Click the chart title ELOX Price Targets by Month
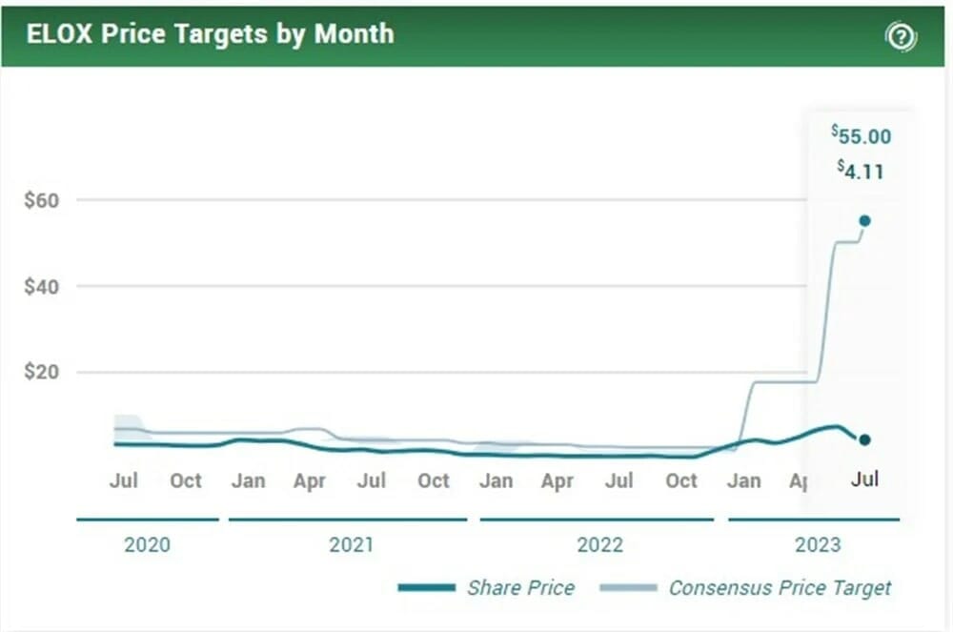click(210, 33)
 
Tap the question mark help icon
click(901, 37)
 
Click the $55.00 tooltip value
click(861, 135)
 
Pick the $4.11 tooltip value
click(861, 172)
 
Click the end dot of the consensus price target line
click(864, 220)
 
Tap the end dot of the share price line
click(864, 439)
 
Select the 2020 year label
click(148, 544)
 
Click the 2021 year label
click(352, 544)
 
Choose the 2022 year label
click(599, 544)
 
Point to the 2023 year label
click(818, 544)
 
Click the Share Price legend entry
click(520, 587)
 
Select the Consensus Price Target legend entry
click(780, 587)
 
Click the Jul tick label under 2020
click(124, 480)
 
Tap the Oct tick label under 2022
click(680, 480)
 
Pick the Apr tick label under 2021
click(309, 480)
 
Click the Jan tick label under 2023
click(743, 480)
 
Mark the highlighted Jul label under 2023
click(864, 479)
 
